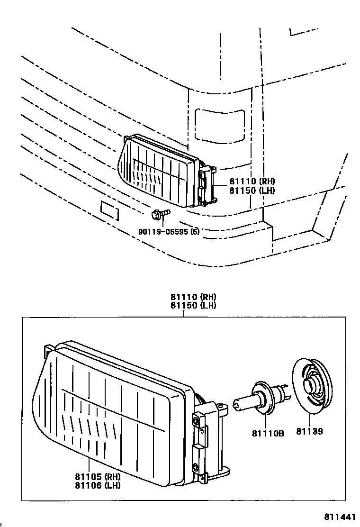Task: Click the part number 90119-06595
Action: click(x=162, y=232)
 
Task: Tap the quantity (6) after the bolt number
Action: click(x=194, y=232)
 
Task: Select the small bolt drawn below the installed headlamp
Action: click(x=160, y=215)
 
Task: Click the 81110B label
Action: click(x=268, y=432)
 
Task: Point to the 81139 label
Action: click(x=310, y=432)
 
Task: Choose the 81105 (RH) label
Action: click(x=97, y=477)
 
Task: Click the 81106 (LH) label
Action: click(x=97, y=485)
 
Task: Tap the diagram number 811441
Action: click(x=339, y=516)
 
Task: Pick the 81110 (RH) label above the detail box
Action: click(x=193, y=297)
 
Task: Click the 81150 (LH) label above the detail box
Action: click(x=193, y=305)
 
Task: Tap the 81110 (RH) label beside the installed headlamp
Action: click(x=252, y=181)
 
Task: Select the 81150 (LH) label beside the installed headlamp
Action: click(x=252, y=190)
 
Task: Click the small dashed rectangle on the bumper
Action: click(x=109, y=210)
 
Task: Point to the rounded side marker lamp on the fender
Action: click(x=220, y=124)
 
